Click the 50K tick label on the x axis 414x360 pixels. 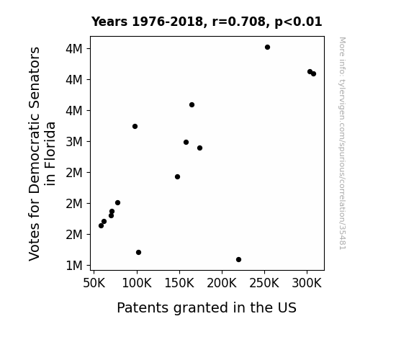click(x=94, y=283)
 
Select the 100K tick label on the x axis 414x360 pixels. click(x=137, y=283)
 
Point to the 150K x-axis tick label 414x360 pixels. click(x=179, y=283)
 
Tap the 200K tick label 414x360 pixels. click(x=222, y=283)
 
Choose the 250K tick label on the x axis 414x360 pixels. click(x=264, y=283)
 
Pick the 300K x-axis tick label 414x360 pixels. click(x=307, y=283)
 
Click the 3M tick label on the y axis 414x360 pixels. click(x=74, y=142)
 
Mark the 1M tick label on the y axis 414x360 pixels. click(x=74, y=266)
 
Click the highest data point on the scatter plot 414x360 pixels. click(x=267, y=48)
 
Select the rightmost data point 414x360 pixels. click(x=313, y=74)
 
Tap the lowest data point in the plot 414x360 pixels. click(x=238, y=260)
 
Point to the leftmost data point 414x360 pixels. click(x=101, y=226)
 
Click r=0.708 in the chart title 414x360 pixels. click(x=239, y=22)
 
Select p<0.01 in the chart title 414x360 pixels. click(x=298, y=22)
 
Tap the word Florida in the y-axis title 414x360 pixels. click(x=50, y=153)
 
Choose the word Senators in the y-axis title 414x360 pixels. click(x=34, y=76)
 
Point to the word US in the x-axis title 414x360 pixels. click(x=287, y=307)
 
